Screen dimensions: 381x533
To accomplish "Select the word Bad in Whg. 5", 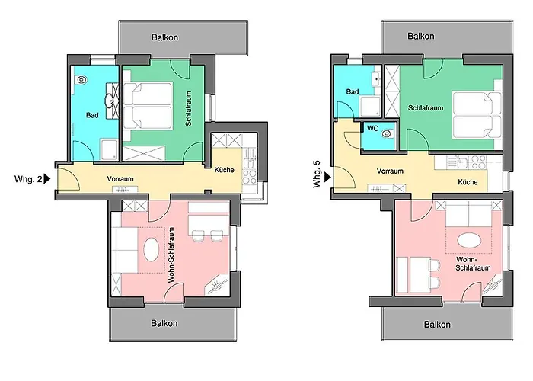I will [x=353, y=92].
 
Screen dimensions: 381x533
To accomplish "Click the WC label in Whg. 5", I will [x=372, y=128].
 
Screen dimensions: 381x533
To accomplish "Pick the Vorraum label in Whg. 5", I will [x=390, y=171].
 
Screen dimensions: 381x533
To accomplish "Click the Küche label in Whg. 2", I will [x=224, y=170].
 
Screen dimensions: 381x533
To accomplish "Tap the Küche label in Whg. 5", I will [x=468, y=183].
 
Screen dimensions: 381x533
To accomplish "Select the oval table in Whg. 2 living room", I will [x=153, y=248].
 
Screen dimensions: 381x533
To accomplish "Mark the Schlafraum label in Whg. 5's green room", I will [x=426, y=107].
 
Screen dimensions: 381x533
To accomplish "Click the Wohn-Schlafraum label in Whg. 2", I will [x=173, y=256].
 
